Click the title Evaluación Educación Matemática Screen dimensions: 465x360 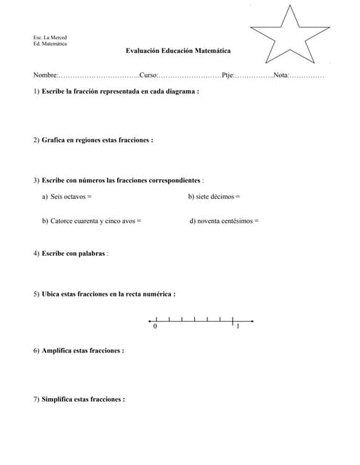coord(178,51)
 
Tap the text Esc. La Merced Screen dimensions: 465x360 coord(50,37)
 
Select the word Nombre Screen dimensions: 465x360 coord(44,76)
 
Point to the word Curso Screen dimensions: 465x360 coord(148,76)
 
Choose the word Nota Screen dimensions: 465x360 coord(281,76)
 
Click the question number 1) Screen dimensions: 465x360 coord(36,92)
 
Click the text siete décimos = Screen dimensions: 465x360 coord(214,196)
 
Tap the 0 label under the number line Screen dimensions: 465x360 coord(155,327)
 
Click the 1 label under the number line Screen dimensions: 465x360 coord(238,327)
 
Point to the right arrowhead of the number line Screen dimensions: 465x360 coord(252,320)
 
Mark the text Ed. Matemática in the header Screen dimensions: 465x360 coord(50,44)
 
